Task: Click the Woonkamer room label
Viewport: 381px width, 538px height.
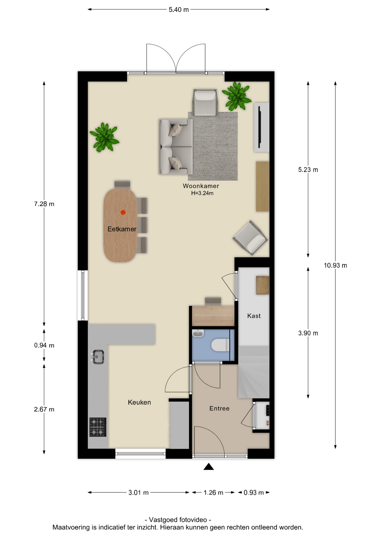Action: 201,186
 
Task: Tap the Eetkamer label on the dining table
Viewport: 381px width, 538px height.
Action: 122,229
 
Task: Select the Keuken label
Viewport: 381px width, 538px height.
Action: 139,402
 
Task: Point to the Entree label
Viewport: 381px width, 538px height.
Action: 219,409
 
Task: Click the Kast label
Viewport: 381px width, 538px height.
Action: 254,316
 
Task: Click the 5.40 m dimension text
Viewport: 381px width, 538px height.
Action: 179,10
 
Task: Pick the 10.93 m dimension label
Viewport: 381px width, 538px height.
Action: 336,265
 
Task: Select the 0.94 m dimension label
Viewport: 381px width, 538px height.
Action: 44,345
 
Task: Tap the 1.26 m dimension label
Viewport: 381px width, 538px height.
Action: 213,493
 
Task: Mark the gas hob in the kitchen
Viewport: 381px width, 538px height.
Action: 98,427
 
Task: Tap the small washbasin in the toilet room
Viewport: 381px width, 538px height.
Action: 198,333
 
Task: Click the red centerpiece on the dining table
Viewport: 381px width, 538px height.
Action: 123,212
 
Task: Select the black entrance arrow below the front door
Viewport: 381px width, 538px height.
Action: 208,467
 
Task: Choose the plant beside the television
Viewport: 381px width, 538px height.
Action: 237,96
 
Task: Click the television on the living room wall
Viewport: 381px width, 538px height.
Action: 259,127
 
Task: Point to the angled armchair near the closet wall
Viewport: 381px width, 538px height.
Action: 250,238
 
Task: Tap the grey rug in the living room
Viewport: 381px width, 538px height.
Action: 213,146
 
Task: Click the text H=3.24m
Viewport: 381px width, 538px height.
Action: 202,193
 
